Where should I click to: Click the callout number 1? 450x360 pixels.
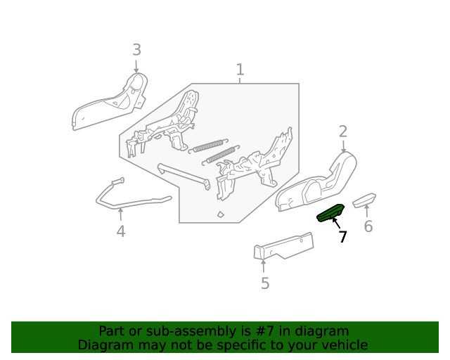pos(240,70)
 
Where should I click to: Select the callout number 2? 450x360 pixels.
pos(343,131)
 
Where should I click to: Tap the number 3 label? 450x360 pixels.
pos(136,50)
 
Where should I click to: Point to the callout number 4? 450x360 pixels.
pos(121,231)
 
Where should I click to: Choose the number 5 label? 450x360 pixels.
pos(265,283)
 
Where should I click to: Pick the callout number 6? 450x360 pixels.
pos(368,226)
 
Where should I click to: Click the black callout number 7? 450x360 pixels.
pos(342,238)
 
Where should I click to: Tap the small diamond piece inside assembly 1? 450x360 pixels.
pos(220,214)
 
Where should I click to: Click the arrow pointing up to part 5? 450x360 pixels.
pos(264,266)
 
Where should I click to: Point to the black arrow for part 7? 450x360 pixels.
pos(336,224)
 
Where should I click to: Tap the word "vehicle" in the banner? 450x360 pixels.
pos(342,345)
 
